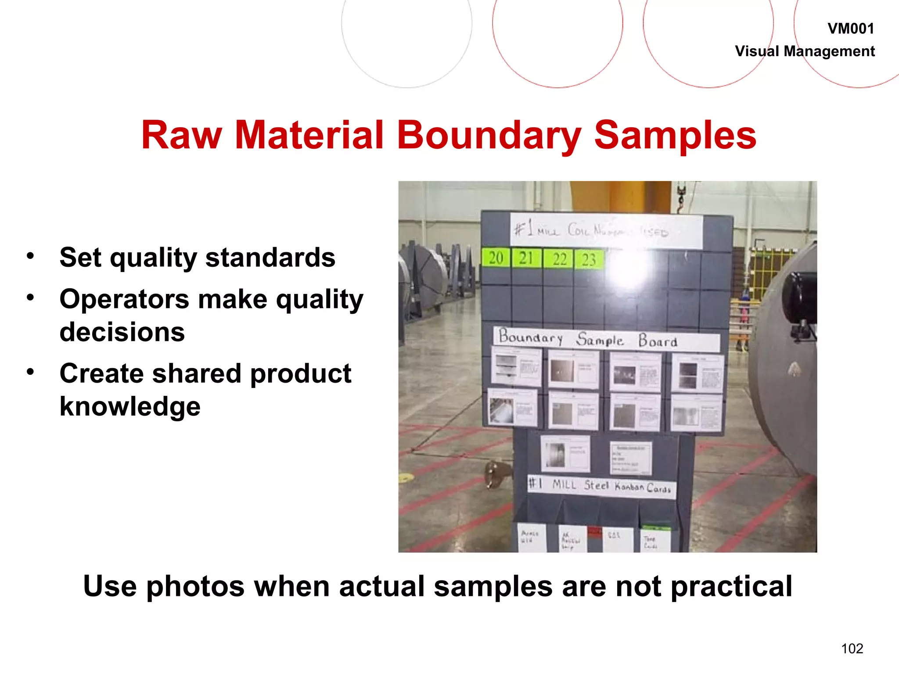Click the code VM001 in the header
coord(850,29)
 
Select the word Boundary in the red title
coord(489,135)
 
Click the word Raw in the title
coord(181,135)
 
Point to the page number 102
coord(852,648)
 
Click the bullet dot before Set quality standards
coord(30,256)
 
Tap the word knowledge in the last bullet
coord(130,406)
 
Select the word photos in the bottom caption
coord(195,586)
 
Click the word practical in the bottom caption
coord(731,586)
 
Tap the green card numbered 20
coord(496,258)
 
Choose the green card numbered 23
coord(589,260)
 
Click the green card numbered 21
coord(526,258)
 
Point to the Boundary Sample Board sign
coord(606,339)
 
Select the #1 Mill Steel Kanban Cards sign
coord(601,486)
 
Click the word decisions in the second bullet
coord(122,332)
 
